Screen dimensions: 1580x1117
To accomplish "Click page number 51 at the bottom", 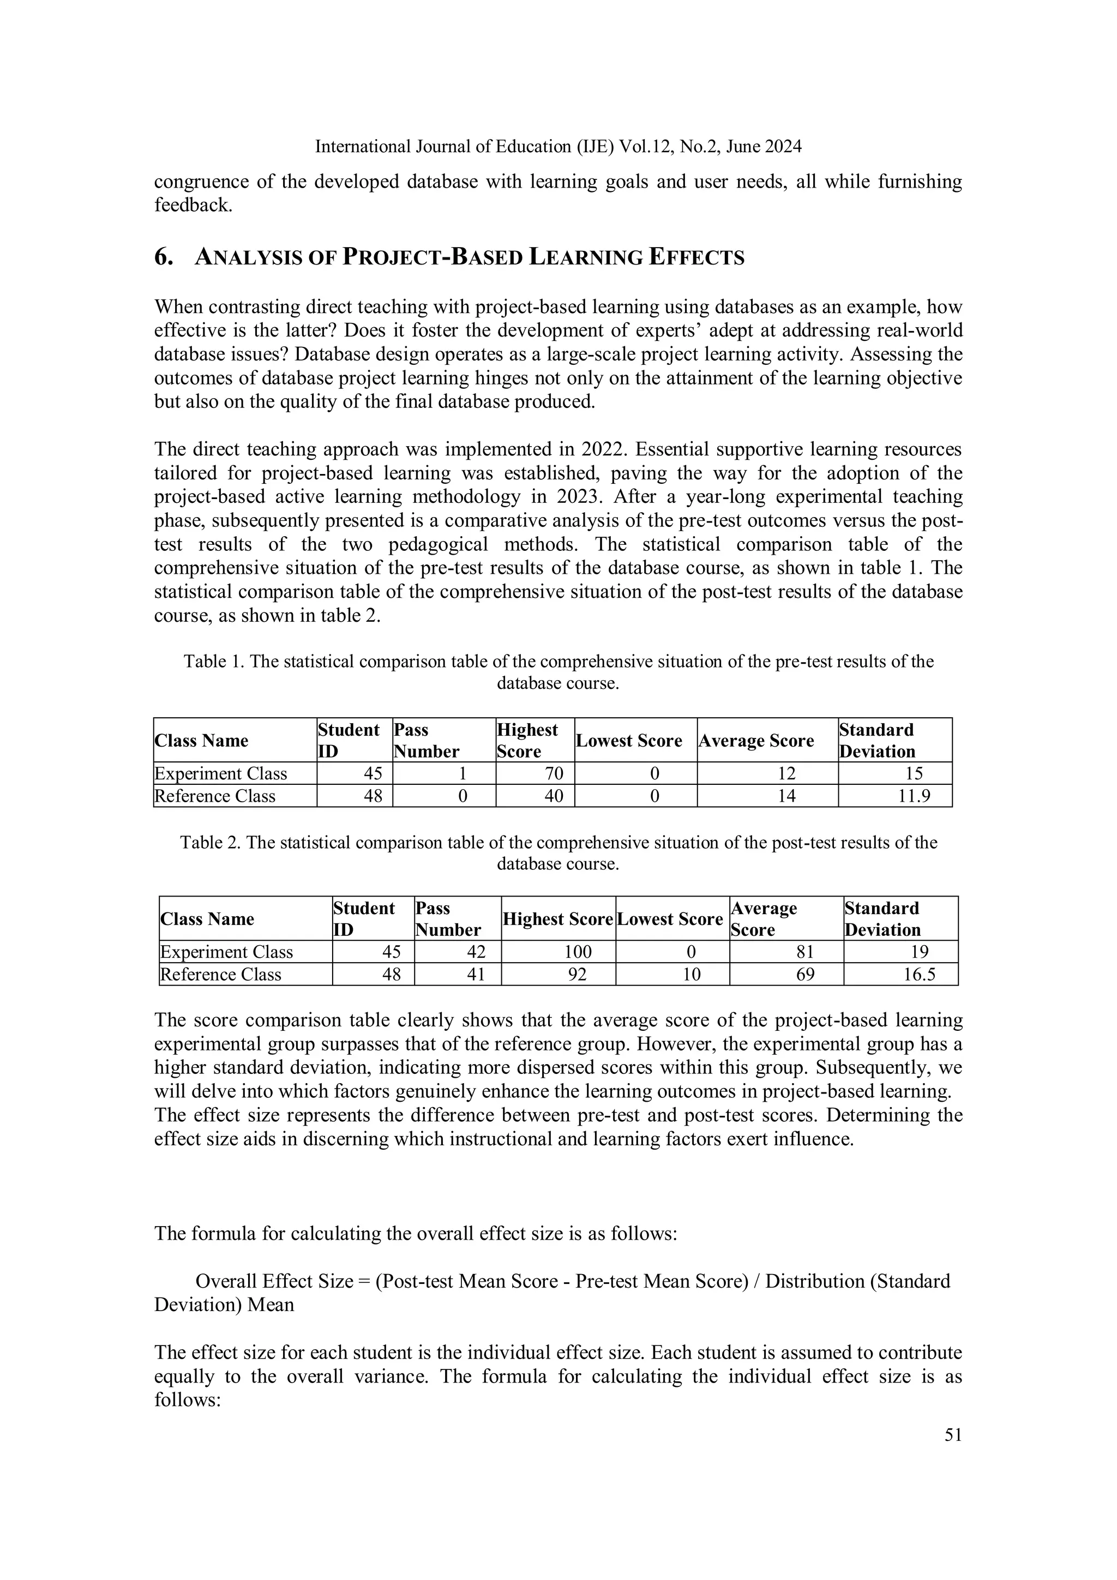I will tap(952, 1434).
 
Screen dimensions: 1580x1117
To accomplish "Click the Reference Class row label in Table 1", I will tap(215, 796).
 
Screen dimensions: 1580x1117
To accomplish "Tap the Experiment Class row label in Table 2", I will tap(226, 952).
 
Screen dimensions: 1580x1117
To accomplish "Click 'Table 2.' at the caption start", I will tap(210, 842).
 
